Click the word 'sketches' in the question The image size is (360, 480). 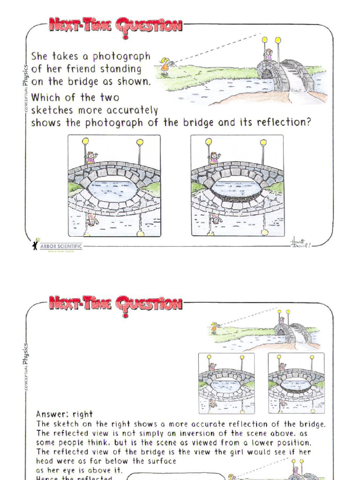(x=50, y=111)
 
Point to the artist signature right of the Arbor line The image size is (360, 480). (x=300, y=243)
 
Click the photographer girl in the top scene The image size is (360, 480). (x=165, y=67)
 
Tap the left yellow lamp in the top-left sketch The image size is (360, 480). (x=85, y=141)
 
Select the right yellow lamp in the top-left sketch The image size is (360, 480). (x=140, y=142)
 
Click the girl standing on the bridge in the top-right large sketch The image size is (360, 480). (x=214, y=157)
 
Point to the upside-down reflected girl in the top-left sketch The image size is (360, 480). (x=92, y=219)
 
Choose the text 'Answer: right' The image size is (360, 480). (x=64, y=414)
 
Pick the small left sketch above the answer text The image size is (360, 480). (x=226, y=383)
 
